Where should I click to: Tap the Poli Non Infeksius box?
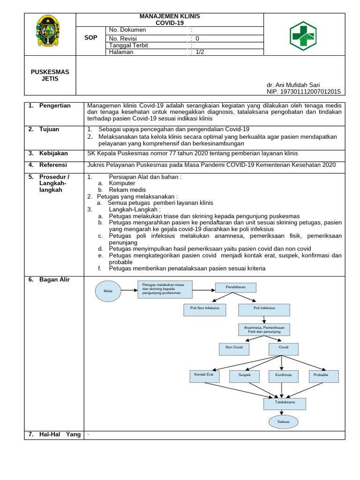pyautogui.click(x=204, y=309)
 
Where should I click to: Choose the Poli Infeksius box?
pyautogui.click(x=264, y=309)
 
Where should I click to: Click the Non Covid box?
pyautogui.click(x=234, y=348)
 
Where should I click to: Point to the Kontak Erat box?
pyautogui.click(x=204, y=375)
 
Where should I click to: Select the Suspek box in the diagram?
pyautogui.click(x=244, y=376)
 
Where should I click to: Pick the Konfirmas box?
pyautogui.click(x=284, y=376)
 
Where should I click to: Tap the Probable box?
pyautogui.click(x=323, y=376)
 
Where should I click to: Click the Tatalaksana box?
pyautogui.click(x=284, y=404)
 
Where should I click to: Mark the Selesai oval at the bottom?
pyautogui.click(x=284, y=422)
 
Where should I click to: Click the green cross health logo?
pyautogui.click(x=302, y=36)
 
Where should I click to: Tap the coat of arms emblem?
pyautogui.click(x=47, y=32)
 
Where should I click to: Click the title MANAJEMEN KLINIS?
pyautogui.click(x=170, y=16)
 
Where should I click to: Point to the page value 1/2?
pyautogui.click(x=201, y=52)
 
